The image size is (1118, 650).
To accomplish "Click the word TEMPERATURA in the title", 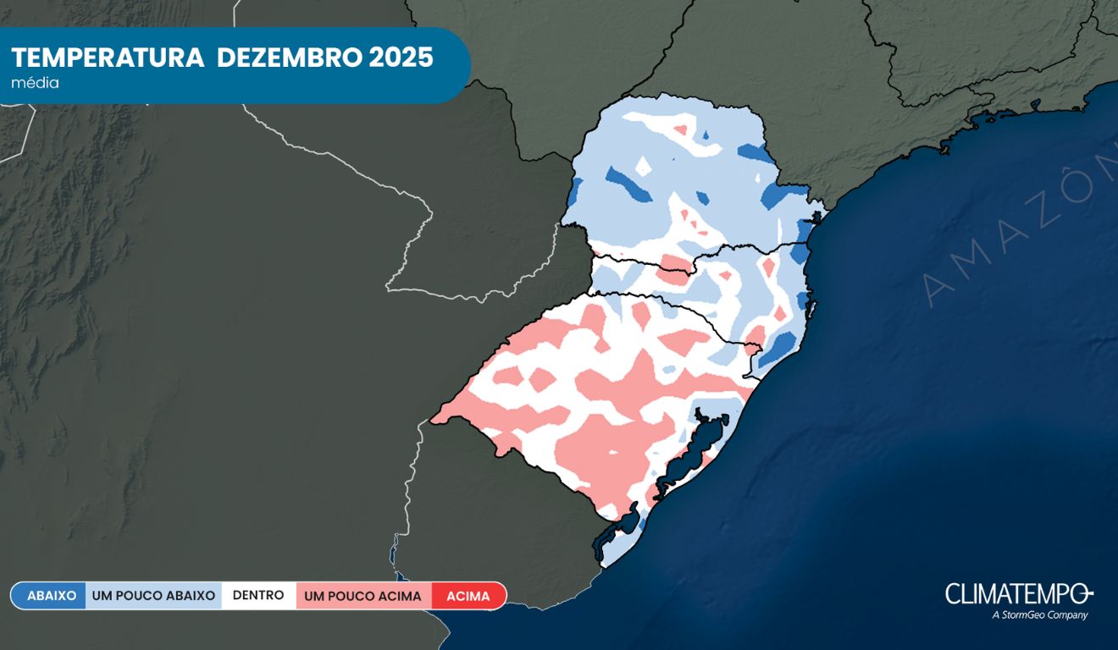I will pyautogui.click(x=108, y=58).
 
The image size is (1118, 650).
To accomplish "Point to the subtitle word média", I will pyautogui.click(x=35, y=83).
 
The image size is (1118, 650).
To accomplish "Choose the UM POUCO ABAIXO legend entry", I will pyautogui.click(x=153, y=596).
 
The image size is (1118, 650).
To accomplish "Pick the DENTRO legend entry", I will pyautogui.click(x=258, y=596).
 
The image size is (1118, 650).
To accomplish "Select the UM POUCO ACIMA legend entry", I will pyautogui.click(x=363, y=596).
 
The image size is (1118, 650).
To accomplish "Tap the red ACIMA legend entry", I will pyautogui.click(x=468, y=596).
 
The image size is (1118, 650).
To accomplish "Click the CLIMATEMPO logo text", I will pyautogui.click(x=1019, y=593).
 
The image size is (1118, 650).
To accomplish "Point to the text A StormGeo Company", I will pyautogui.click(x=1039, y=615).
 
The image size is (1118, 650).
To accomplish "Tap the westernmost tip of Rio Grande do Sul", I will pyautogui.click(x=434, y=417).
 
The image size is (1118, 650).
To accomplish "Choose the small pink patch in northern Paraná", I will pyautogui.click(x=679, y=131).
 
